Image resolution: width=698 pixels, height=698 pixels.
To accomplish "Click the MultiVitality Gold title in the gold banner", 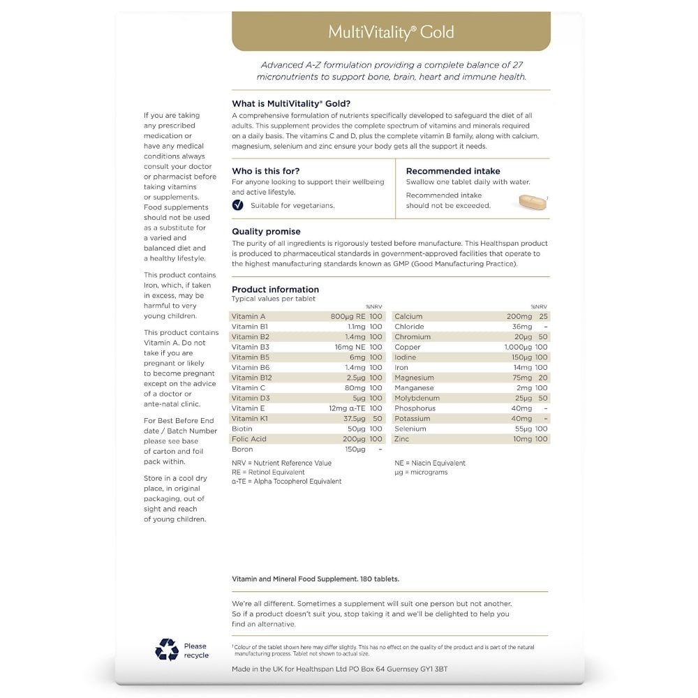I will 391,32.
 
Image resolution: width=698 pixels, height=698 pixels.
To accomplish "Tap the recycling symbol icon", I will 167,650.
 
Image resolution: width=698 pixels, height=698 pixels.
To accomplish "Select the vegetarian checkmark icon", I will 237,205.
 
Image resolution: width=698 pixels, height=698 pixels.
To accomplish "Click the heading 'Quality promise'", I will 266,231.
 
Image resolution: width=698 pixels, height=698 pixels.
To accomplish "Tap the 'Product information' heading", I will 275,289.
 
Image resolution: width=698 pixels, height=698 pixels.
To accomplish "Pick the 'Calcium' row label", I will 408,316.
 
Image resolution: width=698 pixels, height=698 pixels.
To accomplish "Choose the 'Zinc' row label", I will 401,439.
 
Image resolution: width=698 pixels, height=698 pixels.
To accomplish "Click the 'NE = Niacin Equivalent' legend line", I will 429,463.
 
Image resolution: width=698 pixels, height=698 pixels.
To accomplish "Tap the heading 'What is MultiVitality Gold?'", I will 291,103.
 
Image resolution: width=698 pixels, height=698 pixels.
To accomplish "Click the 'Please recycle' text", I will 196,651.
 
